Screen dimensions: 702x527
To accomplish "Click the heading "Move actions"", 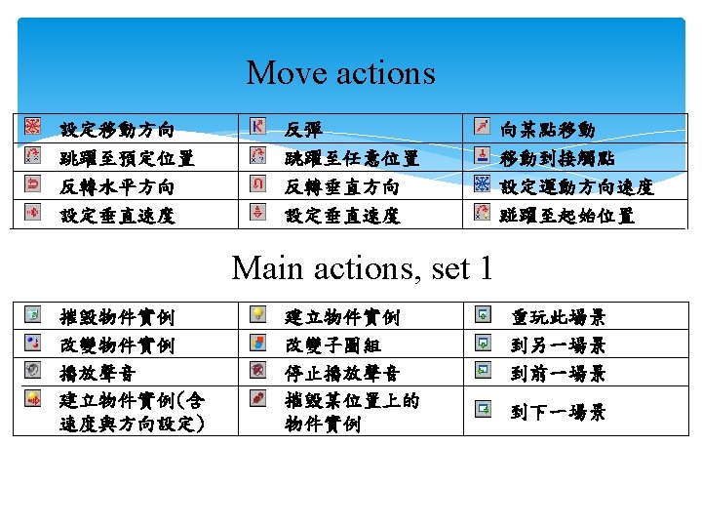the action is click(x=340, y=73).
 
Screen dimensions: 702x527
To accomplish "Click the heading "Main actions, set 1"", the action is click(x=362, y=267).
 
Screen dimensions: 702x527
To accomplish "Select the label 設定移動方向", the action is click(x=118, y=130).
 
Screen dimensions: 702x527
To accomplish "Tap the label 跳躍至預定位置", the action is click(x=127, y=158).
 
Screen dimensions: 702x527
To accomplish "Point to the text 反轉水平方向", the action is click(x=118, y=186).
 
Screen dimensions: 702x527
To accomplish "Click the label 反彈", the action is click(x=303, y=130).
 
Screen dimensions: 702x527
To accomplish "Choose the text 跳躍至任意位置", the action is click(x=351, y=158).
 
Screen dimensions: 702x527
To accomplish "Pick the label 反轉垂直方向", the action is click(x=342, y=186).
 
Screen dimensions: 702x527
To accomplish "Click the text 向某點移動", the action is click(x=547, y=130).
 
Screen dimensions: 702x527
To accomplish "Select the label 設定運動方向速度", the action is click(x=576, y=186).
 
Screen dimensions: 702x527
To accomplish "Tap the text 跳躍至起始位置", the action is click(x=566, y=216).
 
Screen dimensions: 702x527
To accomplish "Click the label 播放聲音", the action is click(x=98, y=373).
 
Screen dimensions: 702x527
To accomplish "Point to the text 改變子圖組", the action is click(x=332, y=345).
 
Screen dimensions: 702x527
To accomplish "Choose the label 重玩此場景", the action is click(x=559, y=317).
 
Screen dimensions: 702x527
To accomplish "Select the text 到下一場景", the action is click(x=559, y=413).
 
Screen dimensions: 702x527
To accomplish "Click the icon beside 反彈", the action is click(x=257, y=127).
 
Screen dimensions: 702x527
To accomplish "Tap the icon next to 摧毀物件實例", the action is click(x=33, y=314).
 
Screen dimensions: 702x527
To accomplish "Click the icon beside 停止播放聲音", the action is click(x=257, y=370).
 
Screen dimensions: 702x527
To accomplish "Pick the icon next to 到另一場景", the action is click(x=483, y=343).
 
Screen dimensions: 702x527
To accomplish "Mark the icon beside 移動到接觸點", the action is click(x=482, y=155).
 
